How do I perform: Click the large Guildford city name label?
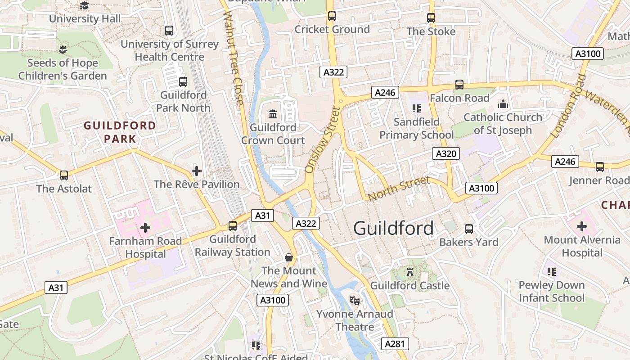394,228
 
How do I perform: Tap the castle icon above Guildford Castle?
409,272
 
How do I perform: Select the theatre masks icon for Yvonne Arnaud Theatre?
355,300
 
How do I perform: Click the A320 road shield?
446,153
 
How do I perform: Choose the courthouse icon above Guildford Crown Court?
273,114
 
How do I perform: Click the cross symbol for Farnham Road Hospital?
145,228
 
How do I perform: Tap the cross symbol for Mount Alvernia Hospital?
582,226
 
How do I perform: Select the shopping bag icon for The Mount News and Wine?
289,257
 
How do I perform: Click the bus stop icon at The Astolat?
64,175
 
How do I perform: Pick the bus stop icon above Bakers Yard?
469,229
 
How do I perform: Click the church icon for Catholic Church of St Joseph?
503,104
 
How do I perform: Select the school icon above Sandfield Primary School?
416,108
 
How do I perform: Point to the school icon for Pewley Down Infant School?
552,271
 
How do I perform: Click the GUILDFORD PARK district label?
120,132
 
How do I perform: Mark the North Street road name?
398,189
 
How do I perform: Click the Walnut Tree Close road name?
233,58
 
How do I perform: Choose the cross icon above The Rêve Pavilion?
197,171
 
